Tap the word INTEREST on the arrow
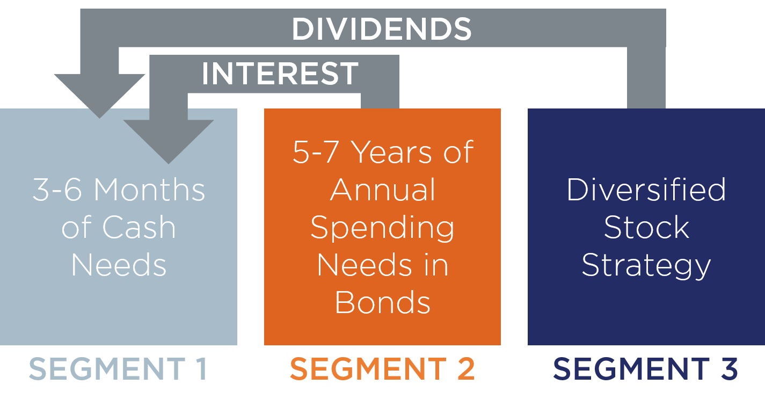(280, 74)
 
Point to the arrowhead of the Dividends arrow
(99, 96)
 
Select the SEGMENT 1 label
(118, 368)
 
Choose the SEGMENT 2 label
(382, 368)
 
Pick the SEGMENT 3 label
(645, 368)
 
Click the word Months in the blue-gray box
(149, 190)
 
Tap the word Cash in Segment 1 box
(139, 227)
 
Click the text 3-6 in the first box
(57, 190)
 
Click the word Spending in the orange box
(382, 228)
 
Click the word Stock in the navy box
(646, 227)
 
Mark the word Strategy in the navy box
(646, 266)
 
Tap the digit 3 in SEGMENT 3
(729, 368)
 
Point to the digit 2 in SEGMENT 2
(466, 368)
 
